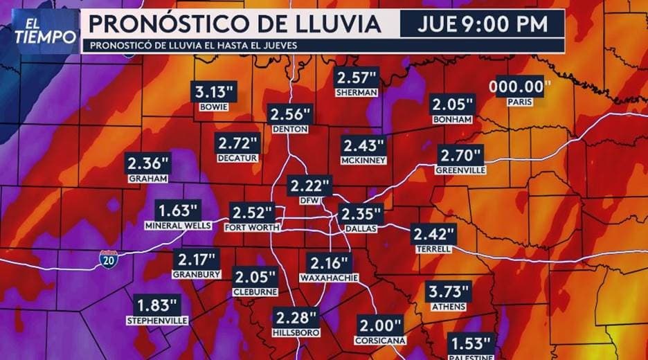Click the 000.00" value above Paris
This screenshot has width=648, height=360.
(520, 87)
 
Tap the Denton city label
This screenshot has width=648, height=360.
(290, 129)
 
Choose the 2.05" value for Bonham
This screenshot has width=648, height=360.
(452, 105)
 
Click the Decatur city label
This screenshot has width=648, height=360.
(237, 158)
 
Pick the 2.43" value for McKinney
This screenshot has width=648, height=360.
(362, 145)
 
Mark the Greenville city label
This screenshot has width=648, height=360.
(460, 170)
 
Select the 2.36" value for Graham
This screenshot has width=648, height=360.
(148, 164)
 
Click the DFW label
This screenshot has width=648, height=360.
(311, 201)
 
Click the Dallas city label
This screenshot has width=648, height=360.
(360, 227)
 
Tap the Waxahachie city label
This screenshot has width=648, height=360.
(329, 278)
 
